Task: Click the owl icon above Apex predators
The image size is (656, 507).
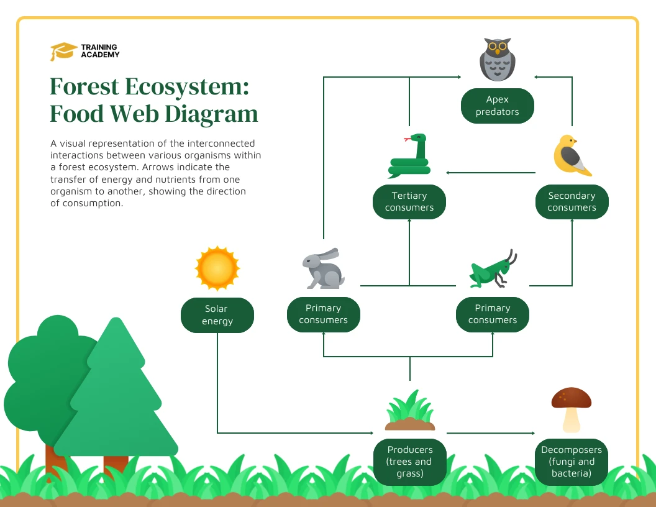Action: click(x=497, y=60)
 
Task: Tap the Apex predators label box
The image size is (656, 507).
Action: click(x=497, y=106)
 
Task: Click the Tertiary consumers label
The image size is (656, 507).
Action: click(x=409, y=202)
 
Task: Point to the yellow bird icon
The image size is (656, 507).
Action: click(x=572, y=155)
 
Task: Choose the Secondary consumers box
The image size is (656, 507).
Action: click(x=572, y=202)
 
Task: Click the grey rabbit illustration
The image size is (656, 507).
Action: click(x=323, y=268)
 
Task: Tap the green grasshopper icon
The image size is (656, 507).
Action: click(x=493, y=268)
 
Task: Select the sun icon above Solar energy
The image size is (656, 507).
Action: click(x=217, y=268)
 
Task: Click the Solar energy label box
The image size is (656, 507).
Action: click(x=217, y=315)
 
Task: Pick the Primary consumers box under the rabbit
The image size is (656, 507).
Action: click(x=323, y=314)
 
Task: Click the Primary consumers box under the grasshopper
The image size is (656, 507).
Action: click(x=493, y=314)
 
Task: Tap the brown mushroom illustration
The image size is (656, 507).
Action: click(x=572, y=408)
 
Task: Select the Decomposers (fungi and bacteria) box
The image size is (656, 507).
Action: click(x=572, y=462)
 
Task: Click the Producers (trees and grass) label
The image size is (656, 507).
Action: click(x=409, y=462)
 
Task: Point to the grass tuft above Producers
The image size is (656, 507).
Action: click(x=409, y=411)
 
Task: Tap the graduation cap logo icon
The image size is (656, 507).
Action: click(x=63, y=52)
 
